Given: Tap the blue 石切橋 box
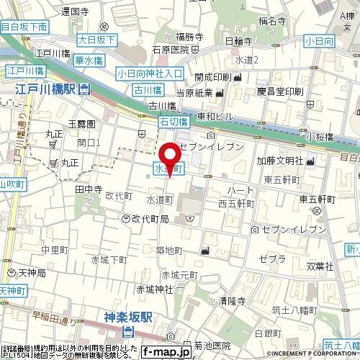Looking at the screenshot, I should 172,125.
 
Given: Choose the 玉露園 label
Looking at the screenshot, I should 81,125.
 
